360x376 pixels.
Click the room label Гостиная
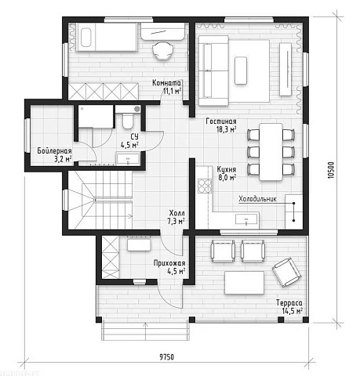point(221,121)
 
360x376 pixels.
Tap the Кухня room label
point(227,169)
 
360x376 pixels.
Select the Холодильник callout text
point(257,199)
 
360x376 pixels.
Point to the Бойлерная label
point(54,151)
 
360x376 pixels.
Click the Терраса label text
point(289,303)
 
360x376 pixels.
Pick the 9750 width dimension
point(166,357)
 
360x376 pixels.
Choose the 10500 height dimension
point(331,170)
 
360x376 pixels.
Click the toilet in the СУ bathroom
point(128,121)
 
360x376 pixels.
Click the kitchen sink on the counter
point(246,219)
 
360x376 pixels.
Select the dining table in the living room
point(271,152)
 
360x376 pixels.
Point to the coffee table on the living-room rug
point(241,70)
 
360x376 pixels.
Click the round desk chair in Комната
point(163,51)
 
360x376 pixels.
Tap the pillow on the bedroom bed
point(86,38)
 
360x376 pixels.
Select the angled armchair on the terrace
point(286,272)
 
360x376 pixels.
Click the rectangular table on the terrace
point(244,283)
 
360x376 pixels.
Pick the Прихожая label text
point(169,263)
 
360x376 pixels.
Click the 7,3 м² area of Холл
point(176,221)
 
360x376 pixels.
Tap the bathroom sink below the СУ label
point(128,159)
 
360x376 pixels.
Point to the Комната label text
point(166,83)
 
